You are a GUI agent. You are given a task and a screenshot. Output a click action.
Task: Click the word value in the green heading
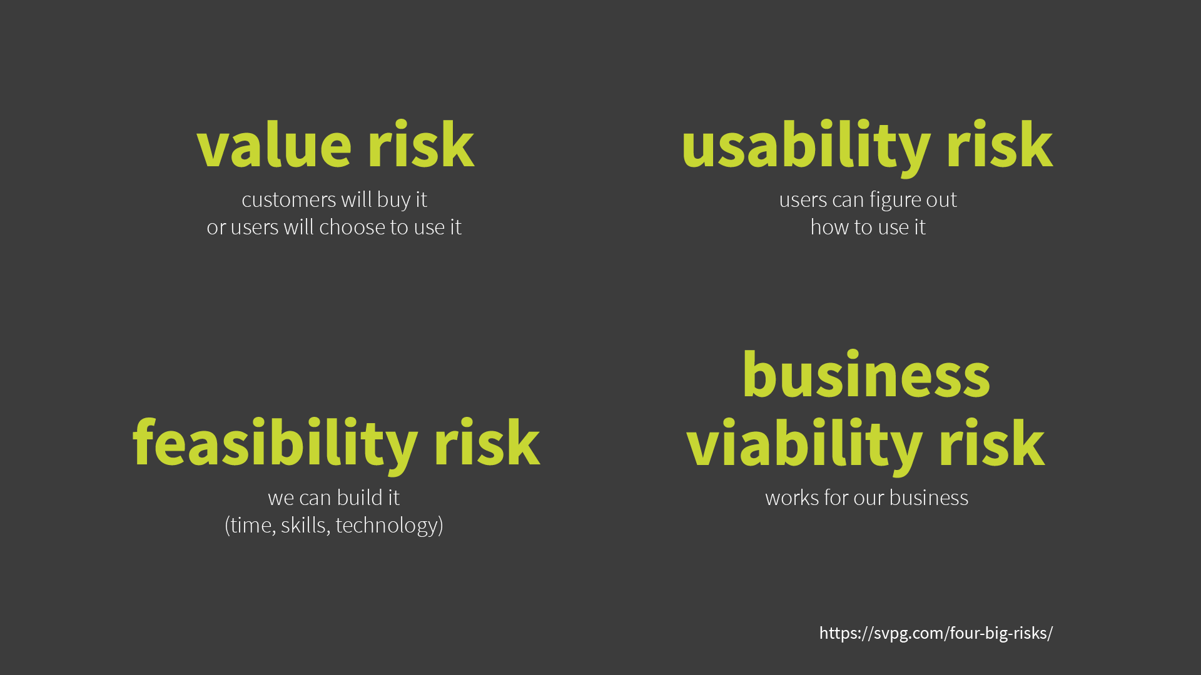coord(274,145)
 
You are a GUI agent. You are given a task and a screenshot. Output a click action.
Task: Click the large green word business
coord(866,374)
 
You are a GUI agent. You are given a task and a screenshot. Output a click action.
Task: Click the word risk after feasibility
coord(487,442)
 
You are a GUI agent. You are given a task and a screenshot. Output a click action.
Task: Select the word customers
coord(289,200)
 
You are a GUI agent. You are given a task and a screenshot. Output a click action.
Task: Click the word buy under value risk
coord(393,201)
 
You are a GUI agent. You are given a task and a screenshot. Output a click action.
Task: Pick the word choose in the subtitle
coord(352,227)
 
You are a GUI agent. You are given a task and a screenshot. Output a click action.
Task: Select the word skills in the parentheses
coord(303,525)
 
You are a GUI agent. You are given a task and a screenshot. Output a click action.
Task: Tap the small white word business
coord(929,497)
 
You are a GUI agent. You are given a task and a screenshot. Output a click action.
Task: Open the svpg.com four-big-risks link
coord(936,633)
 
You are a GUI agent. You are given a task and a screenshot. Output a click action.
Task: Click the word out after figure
coord(941,200)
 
